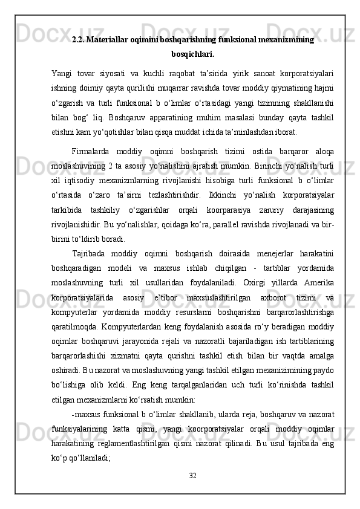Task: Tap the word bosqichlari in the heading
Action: click(192, 53)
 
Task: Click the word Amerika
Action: click(319, 276)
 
